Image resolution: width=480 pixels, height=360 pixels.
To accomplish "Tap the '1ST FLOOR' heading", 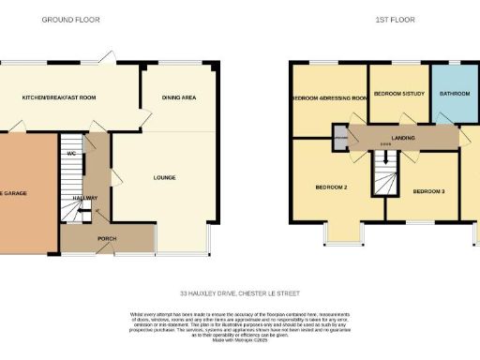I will click(378, 20).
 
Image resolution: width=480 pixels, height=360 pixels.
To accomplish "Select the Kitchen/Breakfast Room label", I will click(59, 97).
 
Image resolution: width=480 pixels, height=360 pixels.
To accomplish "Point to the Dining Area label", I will click(178, 97).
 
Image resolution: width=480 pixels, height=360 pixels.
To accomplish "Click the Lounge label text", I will click(164, 177).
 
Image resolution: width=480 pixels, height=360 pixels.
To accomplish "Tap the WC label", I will click(71, 153).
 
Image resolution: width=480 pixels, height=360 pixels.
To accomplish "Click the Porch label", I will click(108, 239).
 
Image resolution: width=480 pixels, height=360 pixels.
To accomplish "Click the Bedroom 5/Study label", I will click(398, 95).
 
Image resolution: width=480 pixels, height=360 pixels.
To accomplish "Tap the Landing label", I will click(404, 137).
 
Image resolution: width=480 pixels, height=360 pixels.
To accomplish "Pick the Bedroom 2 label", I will click(331, 187).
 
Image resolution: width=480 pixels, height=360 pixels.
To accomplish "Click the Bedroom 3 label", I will click(428, 191).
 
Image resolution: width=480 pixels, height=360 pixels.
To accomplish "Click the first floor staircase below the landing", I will click(383, 172).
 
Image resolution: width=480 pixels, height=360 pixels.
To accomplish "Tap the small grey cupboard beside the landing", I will click(340, 140).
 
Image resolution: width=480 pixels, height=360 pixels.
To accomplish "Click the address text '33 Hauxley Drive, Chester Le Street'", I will click(239, 291).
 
